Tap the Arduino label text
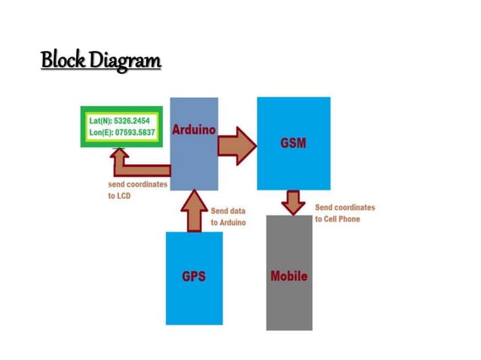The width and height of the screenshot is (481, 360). pos(194,130)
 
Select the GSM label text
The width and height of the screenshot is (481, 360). pos(293,143)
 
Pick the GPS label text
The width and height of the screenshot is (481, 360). pos(194,276)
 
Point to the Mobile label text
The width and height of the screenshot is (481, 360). pos(289,276)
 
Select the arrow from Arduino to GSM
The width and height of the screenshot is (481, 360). pos(237,145)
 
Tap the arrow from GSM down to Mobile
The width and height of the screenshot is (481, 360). pos(293,201)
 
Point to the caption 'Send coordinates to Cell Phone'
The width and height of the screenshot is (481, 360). pos(344,213)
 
